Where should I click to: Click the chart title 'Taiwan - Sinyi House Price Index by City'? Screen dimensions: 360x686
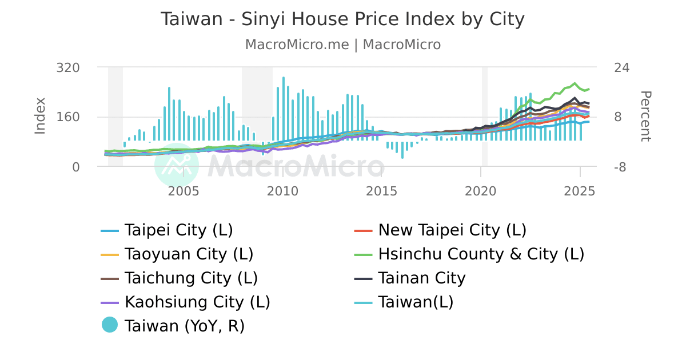click(x=342, y=19)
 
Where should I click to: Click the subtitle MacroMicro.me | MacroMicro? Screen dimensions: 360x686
click(x=342, y=45)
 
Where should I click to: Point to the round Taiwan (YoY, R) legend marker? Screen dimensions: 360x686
click(x=109, y=325)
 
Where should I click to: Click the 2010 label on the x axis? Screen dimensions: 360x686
click(x=282, y=191)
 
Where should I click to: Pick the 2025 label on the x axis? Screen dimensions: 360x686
click(x=580, y=191)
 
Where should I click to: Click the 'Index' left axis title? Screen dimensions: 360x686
click(x=40, y=116)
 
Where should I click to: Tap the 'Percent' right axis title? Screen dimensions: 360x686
click(x=645, y=116)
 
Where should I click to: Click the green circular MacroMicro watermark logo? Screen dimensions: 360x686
click(x=177, y=166)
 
